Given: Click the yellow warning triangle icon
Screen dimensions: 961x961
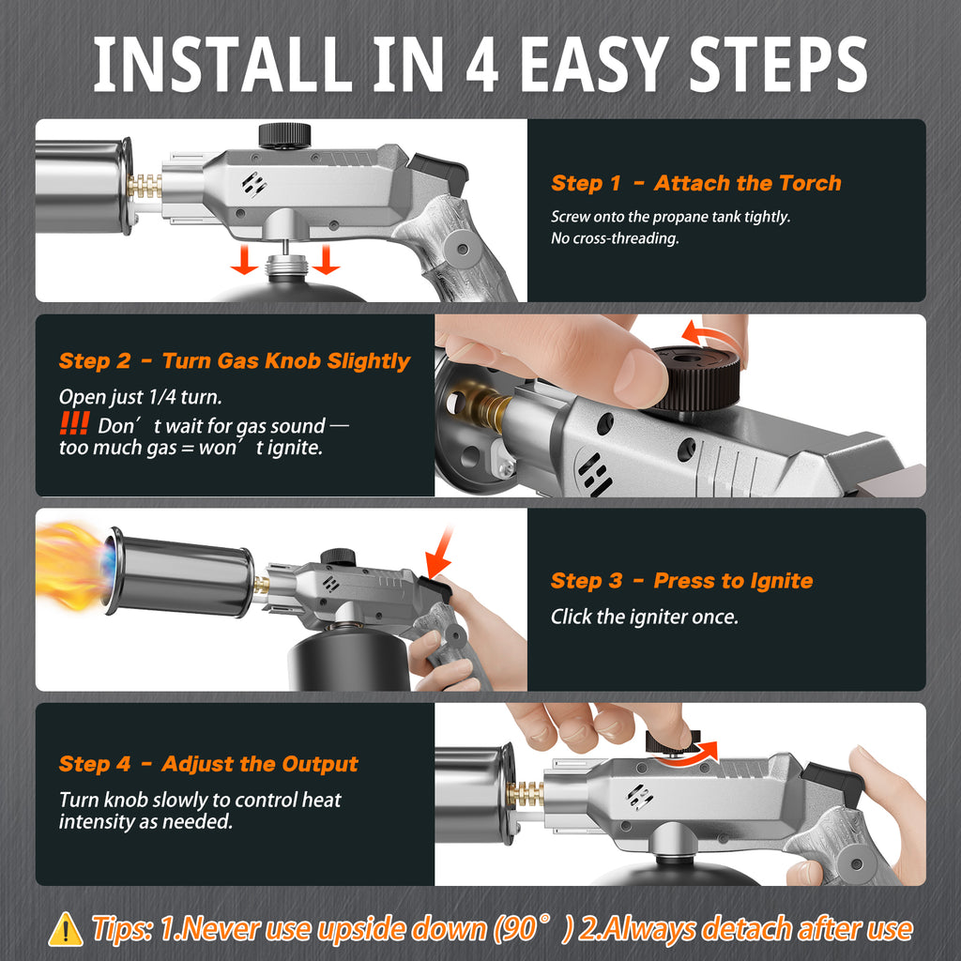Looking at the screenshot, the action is [x=66, y=930].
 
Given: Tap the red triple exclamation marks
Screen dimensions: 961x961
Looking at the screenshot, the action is [x=75, y=423].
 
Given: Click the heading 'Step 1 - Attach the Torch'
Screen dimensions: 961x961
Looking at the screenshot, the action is [x=695, y=183].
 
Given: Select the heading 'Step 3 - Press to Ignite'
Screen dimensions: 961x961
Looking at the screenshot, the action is [x=681, y=580].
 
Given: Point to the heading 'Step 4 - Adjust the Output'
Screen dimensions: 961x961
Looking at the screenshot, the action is [x=208, y=764].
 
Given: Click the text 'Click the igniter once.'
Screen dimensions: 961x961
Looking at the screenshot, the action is [x=644, y=617].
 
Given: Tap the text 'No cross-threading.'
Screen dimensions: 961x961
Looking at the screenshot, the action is [x=615, y=237].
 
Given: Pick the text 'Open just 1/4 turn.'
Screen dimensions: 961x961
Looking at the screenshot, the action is [x=141, y=397].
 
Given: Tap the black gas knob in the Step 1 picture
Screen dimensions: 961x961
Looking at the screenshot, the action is [x=284, y=135].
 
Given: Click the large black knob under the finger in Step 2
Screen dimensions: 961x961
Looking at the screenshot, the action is [x=695, y=377].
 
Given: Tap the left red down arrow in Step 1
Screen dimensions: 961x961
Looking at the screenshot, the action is [x=245, y=259].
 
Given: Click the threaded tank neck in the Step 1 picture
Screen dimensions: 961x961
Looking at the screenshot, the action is [x=285, y=268].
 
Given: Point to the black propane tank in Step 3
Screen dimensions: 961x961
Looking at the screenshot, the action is [x=348, y=659].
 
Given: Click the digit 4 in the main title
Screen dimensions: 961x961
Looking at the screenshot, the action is [x=481, y=64].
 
